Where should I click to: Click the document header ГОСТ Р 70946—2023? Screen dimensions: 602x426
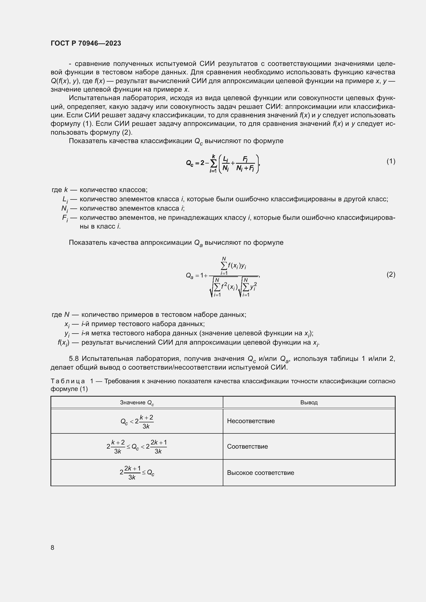[86, 43]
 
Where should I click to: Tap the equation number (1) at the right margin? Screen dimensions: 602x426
[391, 161]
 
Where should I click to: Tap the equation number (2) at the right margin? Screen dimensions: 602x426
[391, 275]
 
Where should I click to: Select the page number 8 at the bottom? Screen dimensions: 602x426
[53, 548]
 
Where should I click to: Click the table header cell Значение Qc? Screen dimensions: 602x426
[137, 403]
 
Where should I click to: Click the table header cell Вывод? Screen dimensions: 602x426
[309, 403]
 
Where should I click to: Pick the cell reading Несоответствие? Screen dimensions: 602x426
[251, 421]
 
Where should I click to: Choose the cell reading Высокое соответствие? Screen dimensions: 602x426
[260, 473]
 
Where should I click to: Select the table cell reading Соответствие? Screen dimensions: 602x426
[247, 447]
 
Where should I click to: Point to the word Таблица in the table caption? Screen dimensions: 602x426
[68, 381]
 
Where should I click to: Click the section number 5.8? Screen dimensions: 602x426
[74, 359]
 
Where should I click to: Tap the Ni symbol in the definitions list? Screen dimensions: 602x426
[65, 209]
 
